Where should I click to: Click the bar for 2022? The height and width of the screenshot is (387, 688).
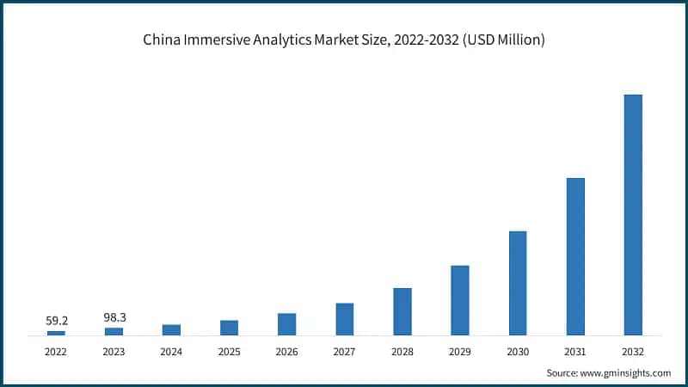(56, 332)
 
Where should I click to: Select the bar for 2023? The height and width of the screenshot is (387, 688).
(114, 331)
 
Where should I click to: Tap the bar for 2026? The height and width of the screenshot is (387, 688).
(286, 324)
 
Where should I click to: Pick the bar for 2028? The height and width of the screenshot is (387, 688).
(402, 311)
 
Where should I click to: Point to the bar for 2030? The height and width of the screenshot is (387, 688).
(518, 283)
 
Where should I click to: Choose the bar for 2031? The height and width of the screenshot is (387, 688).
(575, 256)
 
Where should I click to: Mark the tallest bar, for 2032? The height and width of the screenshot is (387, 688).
(633, 214)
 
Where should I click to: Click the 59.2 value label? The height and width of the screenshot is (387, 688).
(57, 321)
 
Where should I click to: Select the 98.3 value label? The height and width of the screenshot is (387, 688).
(114, 317)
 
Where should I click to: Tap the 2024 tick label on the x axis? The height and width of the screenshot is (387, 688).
(171, 351)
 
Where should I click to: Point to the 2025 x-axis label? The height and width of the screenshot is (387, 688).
(229, 351)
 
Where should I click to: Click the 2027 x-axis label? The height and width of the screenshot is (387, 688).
(344, 351)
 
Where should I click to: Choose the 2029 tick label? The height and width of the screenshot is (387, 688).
(460, 351)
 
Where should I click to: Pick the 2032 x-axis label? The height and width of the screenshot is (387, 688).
(633, 351)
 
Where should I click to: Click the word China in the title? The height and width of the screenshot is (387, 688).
(161, 40)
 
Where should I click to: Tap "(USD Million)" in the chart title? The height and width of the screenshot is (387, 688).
(503, 40)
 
